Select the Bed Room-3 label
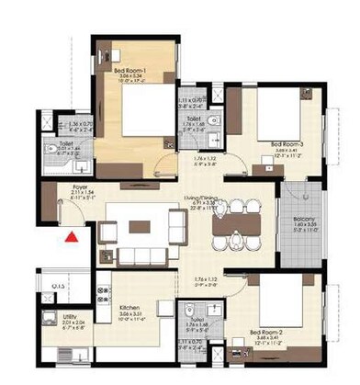click(x=287, y=144)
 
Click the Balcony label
click(x=304, y=219)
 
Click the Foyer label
click(x=79, y=185)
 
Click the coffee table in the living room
click(x=141, y=226)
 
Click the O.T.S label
click(x=58, y=288)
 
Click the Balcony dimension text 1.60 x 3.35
click(x=304, y=225)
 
